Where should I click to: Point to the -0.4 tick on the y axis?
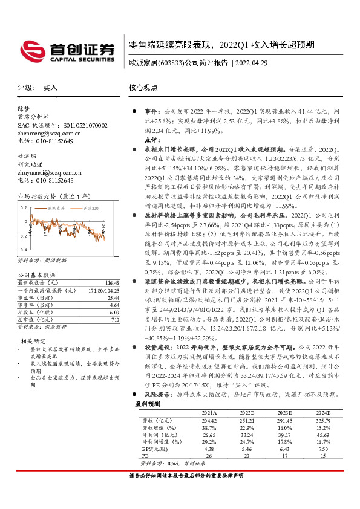pyautogui.click(x=23, y=250)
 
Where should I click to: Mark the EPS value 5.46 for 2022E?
pyautogui.click(x=246, y=449)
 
